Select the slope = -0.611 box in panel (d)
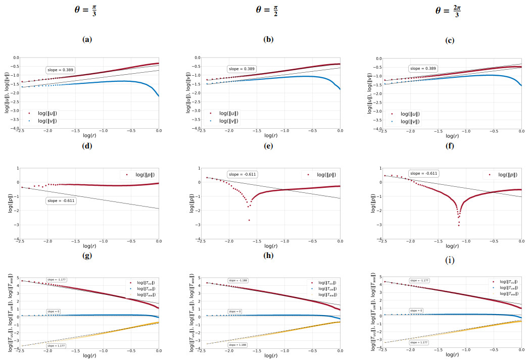coord(60,201)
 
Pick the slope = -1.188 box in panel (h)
coord(237,280)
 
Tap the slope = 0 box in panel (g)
coord(53,311)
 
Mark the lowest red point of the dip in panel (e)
coord(249,220)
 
